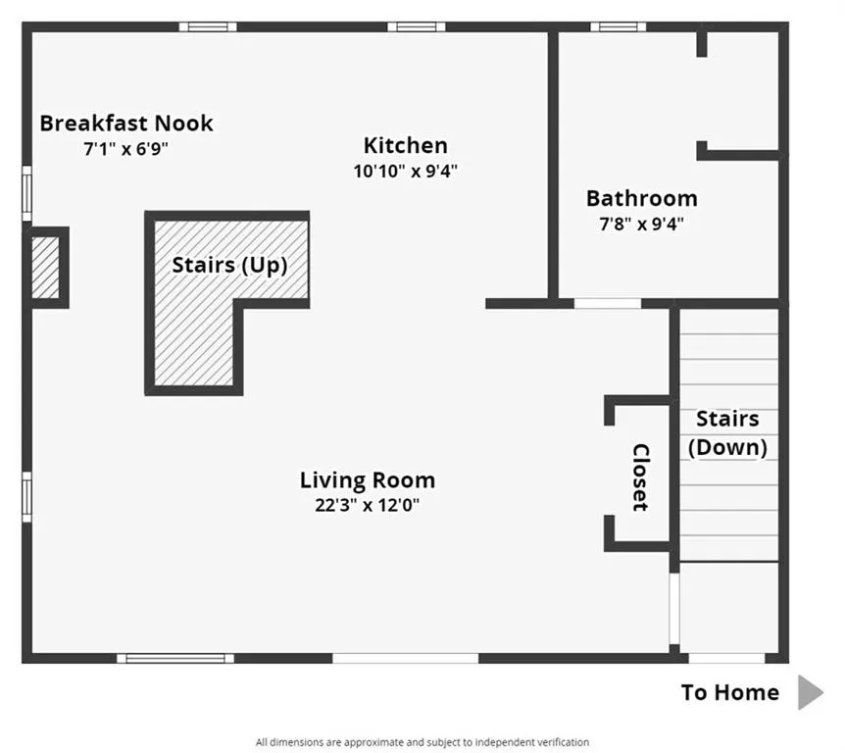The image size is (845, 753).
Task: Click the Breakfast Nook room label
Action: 125,124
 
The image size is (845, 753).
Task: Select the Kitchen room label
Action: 405,146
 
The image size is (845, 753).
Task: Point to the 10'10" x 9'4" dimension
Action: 405,171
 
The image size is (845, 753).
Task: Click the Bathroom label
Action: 641,198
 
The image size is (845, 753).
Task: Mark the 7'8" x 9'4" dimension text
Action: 641,224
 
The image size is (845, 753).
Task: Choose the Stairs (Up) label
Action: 229,265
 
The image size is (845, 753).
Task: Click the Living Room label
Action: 367,480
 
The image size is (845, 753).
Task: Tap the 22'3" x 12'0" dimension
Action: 367,506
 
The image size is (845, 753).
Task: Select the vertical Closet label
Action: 640,477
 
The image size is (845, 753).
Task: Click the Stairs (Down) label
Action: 726,433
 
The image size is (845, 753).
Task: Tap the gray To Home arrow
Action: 810,692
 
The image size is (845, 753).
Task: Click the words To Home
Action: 729,692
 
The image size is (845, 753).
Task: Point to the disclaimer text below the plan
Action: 422,742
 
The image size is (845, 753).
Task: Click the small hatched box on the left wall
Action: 46,267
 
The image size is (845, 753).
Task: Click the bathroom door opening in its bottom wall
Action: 607,304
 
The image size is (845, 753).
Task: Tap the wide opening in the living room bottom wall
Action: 405,658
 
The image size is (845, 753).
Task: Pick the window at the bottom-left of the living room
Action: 175,658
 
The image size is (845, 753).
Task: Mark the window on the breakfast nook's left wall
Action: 27,193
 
